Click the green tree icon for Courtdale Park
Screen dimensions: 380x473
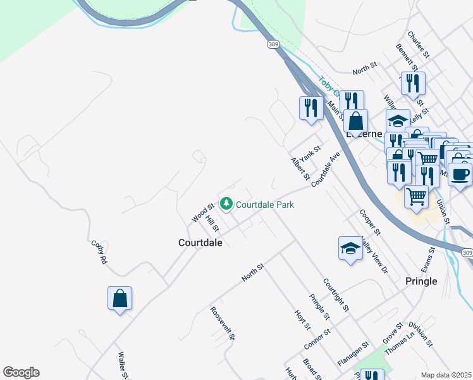click(x=226, y=204)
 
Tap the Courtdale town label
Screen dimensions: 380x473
click(x=200, y=243)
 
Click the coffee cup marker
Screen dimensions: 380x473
click(x=460, y=173)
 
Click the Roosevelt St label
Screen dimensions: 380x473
click(x=223, y=324)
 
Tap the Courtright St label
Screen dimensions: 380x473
click(x=336, y=295)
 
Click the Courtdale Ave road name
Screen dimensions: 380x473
click(x=326, y=168)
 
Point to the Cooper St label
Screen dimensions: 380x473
click(x=369, y=224)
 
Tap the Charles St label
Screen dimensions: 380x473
click(x=419, y=46)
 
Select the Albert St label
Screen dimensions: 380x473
click(x=299, y=169)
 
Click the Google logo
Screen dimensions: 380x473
click(x=21, y=372)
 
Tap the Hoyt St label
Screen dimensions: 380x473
click(x=302, y=320)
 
